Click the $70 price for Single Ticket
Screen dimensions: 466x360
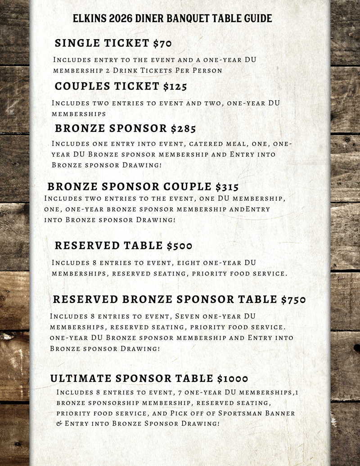tap(162, 43)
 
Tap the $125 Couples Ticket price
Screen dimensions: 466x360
tap(175, 86)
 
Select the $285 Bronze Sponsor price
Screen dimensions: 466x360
tap(183, 128)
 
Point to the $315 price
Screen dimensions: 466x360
tap(227, 186)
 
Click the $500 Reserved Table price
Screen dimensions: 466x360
tap(179, 246)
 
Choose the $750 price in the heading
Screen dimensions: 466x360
tap(293, 299)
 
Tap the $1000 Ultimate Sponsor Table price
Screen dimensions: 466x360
tap(232, 379)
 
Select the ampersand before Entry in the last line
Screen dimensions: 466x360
tap(59, 424)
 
